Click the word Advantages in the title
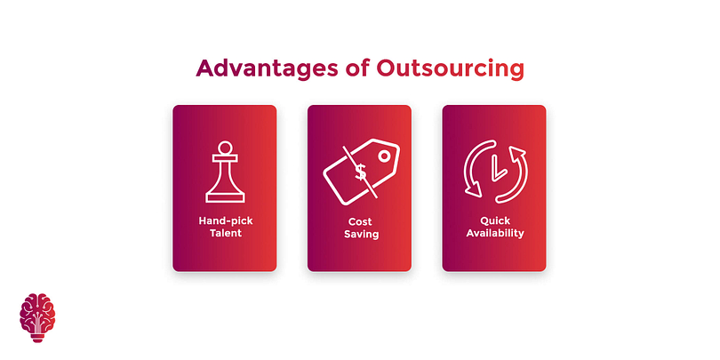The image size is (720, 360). (268, 68)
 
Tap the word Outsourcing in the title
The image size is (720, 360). (450, 68)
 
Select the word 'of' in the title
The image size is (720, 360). (357, 68)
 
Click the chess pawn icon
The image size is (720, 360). (225, 172)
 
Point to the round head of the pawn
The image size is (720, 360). (225, 148)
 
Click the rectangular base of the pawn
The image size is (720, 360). (225, 198)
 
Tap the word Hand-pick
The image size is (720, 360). (226, 220)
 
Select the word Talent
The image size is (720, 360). (226, 233)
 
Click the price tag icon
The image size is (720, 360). (362, 172)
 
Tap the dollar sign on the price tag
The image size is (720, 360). (361, 172)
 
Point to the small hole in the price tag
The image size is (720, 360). (384, 156)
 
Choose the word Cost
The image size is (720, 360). (359, 222)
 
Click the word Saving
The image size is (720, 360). (362, 234)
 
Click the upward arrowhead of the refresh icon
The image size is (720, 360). (517, 153)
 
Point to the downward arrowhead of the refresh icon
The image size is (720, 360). (473, 189)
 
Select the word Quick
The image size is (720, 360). (495, 220)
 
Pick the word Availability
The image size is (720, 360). (495, 233)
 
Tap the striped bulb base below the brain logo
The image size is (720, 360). (37, 338)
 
